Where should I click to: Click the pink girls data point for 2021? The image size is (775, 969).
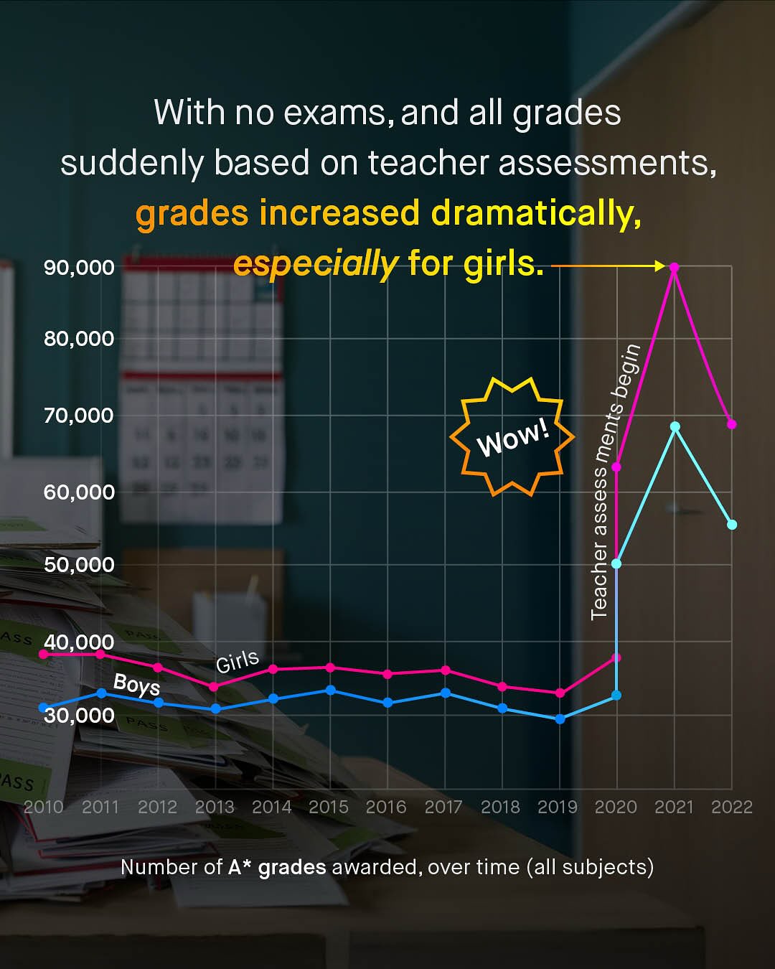(674, 268)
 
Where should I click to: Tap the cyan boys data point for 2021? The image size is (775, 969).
(675, 427)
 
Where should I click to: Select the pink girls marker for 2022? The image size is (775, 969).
(732, 424)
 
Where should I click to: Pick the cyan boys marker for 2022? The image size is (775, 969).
(732, 525)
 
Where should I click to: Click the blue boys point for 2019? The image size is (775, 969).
(560, 718)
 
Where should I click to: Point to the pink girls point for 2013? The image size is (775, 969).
(214, 687)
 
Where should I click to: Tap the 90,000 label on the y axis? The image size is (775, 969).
(79, 268)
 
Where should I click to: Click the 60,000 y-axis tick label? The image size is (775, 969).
(79, 492)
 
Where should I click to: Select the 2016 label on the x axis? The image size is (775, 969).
(386, 807)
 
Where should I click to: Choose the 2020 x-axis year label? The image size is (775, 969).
(616, 807)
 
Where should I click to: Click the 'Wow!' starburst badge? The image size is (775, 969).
(512, 436)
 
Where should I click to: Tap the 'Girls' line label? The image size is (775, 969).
(238, 661)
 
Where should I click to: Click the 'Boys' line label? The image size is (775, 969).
(136, 685)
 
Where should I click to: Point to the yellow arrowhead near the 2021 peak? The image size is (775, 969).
(659, 266)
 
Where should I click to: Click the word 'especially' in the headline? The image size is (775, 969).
(315, 263)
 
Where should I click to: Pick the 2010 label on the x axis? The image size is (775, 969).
(44, 807)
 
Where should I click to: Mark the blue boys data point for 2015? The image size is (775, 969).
(330, 690)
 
